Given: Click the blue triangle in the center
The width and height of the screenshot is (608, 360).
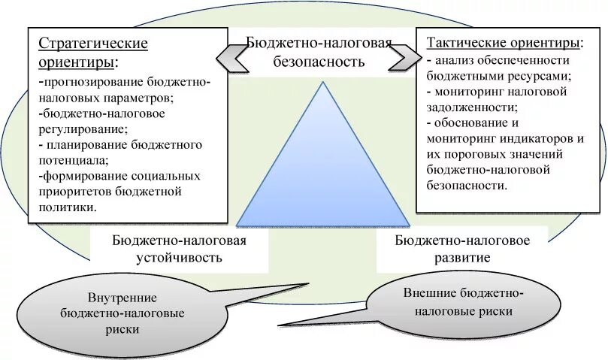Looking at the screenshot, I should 323,173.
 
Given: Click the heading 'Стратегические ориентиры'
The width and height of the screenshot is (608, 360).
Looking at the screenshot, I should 92,51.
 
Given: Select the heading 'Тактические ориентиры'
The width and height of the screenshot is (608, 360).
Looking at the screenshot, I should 504,43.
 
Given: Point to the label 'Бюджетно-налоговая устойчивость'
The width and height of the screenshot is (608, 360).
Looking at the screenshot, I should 180,249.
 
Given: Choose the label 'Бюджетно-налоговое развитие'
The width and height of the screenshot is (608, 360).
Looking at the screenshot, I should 462,249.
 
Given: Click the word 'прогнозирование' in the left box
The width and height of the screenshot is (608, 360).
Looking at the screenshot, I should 89,82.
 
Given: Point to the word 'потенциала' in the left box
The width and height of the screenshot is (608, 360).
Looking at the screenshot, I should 71,160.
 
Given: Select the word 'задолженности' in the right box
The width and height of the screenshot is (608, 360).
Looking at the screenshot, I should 464,107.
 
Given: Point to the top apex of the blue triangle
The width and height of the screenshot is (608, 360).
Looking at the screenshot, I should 324,82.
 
